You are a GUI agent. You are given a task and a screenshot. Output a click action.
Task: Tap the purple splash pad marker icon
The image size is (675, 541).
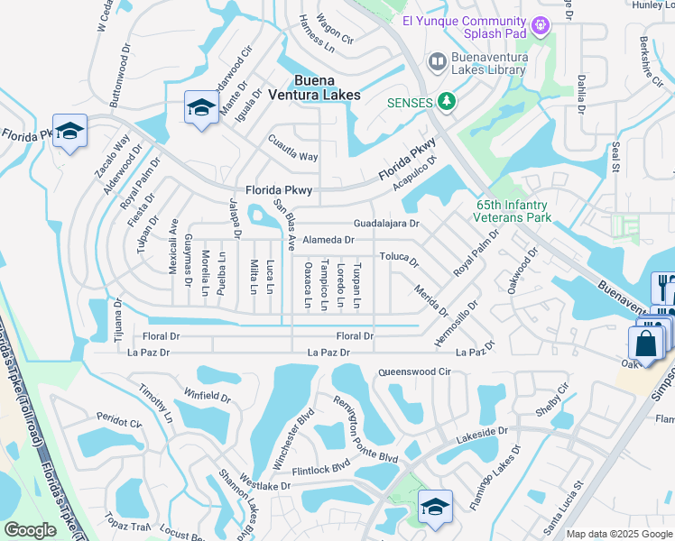point(541,25)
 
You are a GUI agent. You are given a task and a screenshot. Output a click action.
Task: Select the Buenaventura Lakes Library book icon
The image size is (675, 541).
point(437,60)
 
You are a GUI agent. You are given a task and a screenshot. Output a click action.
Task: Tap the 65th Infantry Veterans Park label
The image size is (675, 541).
point(513,211)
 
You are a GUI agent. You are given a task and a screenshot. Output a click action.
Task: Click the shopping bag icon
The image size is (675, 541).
point(646,344)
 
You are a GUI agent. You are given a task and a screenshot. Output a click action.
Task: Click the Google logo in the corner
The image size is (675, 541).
point(31,530)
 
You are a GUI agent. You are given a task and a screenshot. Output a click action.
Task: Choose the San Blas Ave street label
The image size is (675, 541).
point(285,226)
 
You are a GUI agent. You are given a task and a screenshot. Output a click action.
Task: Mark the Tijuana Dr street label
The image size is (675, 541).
point(117,316)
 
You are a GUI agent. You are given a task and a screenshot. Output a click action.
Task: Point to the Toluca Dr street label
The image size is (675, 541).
point(398,259)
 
